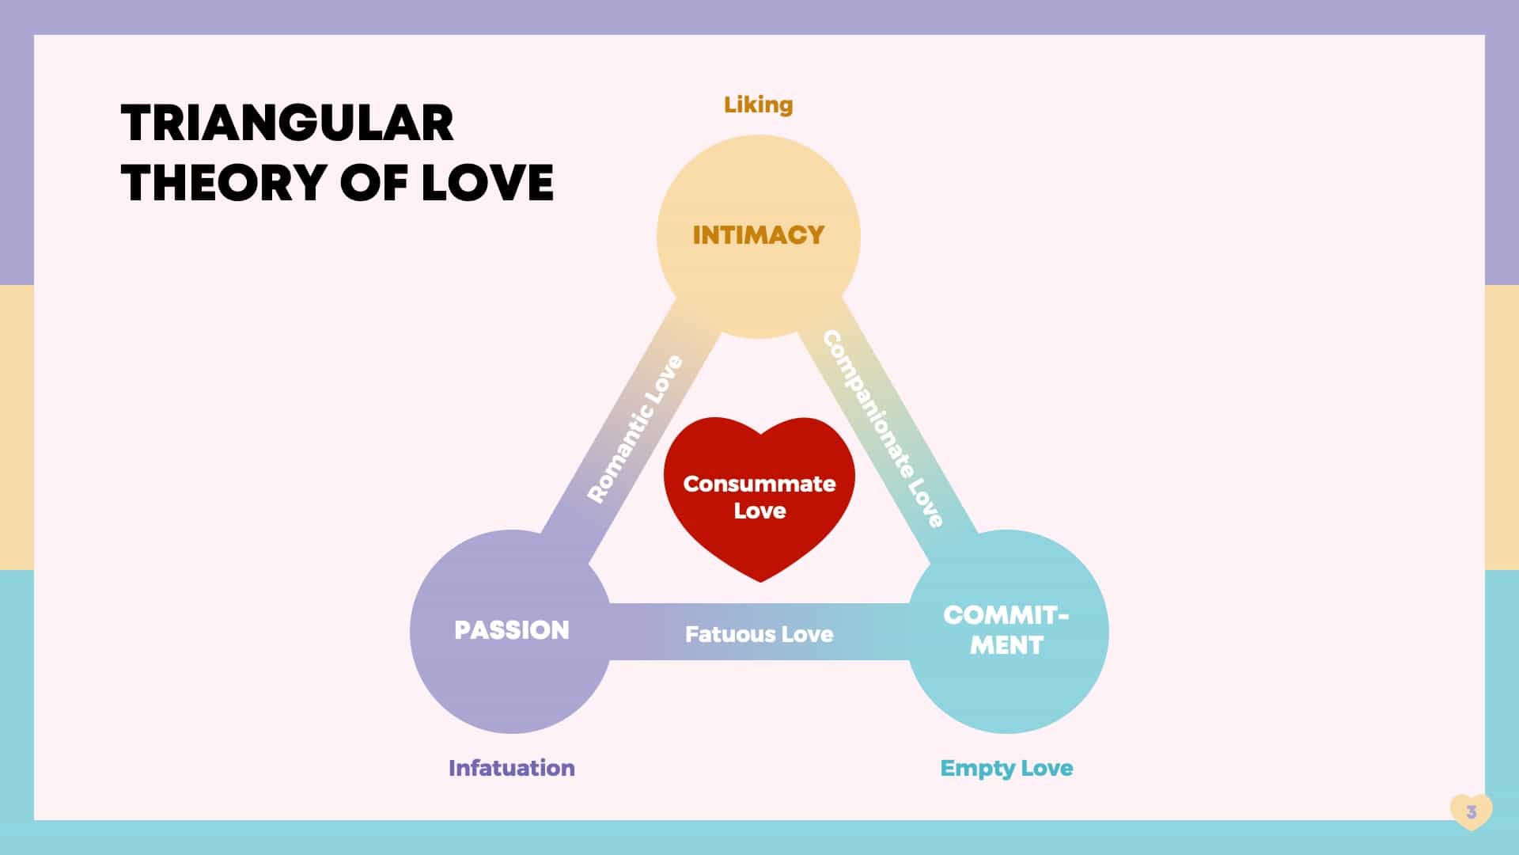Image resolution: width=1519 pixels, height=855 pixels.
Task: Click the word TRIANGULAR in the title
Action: click(x=287, y=123)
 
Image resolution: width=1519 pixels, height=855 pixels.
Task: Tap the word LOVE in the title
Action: click(x=487, y=183)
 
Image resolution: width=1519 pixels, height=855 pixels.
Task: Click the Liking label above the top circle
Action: click(x=758, y=104)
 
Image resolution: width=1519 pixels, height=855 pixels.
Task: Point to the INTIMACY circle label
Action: click(x=758, y=235)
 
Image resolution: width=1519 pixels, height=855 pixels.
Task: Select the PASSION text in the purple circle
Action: click(x=511, y=630)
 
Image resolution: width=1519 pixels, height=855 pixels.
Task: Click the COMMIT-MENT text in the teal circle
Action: click(x=1006, y=630)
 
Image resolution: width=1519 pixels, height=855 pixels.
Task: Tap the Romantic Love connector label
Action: click(x=634, y=429)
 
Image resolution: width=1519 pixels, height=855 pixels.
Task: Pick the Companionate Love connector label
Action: click(x=883, y=428)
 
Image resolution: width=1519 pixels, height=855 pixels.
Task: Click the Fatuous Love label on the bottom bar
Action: click(x=759, y=634)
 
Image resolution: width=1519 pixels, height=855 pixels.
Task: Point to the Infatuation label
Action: click(x=511, y=768)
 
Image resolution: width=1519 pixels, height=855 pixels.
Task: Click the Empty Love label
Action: click(x=1006, y=768)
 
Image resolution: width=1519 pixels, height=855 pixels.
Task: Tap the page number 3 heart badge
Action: click(x=1471, y=811)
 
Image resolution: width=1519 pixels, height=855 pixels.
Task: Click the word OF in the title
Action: click(x=373, y=183)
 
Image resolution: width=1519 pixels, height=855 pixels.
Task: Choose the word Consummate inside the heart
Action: click(x=759, y=484)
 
